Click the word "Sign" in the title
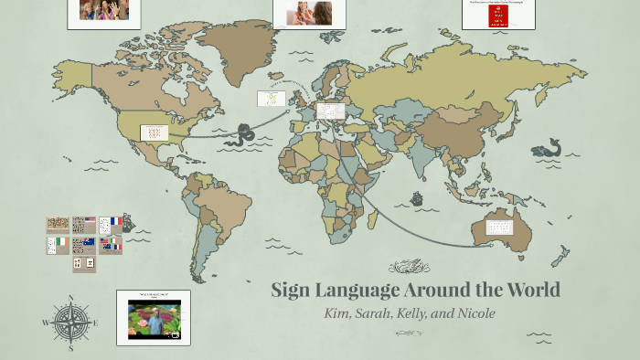(x=293, y=291)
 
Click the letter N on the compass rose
(x=70, y=298)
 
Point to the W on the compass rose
(x=46, y=323)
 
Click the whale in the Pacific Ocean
(x=547, y=147)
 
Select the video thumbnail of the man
(x=154, y=317)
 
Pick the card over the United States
(x=153, y=132)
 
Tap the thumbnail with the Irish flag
(x=59, y=245)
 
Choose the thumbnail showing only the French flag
(x=111, y=224)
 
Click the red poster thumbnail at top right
(x=498, y=14)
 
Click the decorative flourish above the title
(x=409, y=268)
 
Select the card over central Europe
(x=331, y=111)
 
